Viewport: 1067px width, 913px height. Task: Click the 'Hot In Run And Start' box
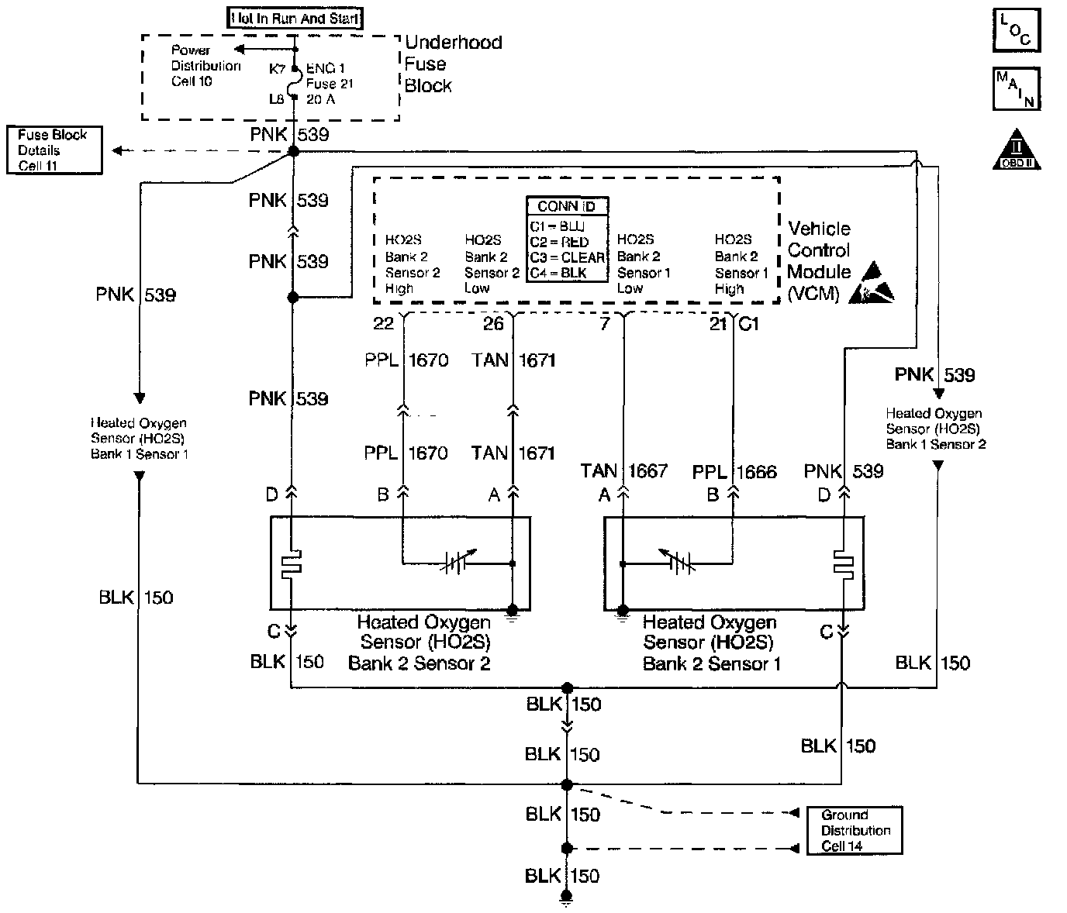pos(295,18)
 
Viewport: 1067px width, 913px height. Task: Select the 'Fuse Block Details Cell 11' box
pos(54,150)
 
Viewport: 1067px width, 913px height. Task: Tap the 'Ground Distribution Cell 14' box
pos(854,831)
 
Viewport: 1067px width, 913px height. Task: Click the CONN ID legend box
pos(567,239)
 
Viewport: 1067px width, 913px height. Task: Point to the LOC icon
pos(1016,30)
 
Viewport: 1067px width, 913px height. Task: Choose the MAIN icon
pos(1016,89)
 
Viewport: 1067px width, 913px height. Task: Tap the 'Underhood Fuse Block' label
pos(453,64)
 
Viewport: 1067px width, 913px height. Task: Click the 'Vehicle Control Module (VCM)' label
pos(820,260)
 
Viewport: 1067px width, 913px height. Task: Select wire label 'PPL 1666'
pos(734,472)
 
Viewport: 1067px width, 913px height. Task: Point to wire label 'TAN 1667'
pos(623,470)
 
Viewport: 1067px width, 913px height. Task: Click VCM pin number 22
pos(384,324)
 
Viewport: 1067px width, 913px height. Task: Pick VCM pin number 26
pos(493,324)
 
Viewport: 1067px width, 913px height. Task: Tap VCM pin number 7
pos(605,324)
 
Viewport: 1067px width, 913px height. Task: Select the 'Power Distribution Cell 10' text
pos(205,66)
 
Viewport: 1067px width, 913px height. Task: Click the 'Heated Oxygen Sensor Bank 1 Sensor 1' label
pos(139,439)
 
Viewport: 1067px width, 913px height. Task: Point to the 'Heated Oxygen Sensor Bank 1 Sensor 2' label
pos(936,429)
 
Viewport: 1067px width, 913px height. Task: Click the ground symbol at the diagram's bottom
pos(567,901)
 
